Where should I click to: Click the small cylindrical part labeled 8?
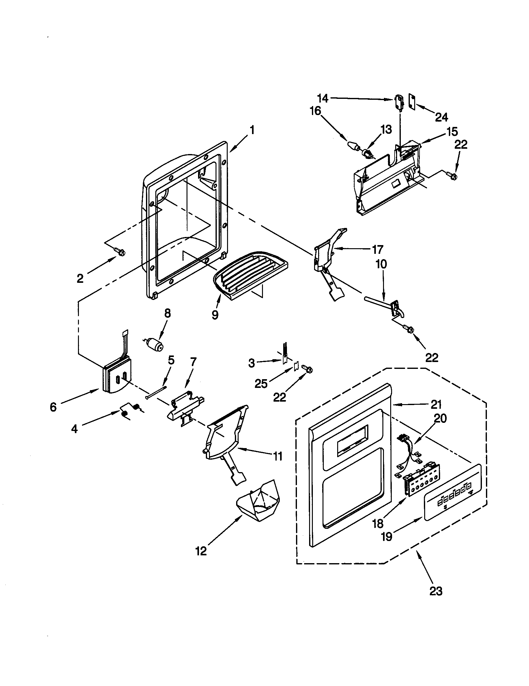pos(155,343)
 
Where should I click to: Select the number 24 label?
pos(441,117)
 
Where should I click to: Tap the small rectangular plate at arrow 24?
pos(412,101)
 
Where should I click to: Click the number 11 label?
pos(278,457)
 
